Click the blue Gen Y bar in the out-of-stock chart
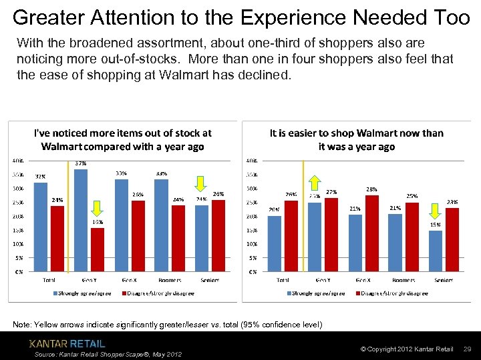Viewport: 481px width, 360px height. click(81, 220)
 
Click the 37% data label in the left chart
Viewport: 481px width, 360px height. click(81, 163)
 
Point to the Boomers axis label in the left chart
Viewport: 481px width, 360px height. click(170, 280)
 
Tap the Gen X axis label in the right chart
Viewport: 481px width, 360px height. click(363, 280)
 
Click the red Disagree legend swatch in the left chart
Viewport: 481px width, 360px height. click(124, 293)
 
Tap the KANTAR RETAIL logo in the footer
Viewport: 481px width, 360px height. click(67, 343)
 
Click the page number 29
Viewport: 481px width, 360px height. click(468, 349)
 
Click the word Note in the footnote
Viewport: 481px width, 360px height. click(22, 325)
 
